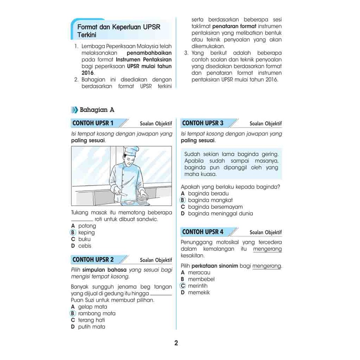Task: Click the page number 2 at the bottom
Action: (176, 343)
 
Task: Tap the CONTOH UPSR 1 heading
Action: (93, 123)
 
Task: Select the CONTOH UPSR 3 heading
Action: (203, 123)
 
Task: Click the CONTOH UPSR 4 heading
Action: (203, 232)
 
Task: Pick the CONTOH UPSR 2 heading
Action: (93, 259)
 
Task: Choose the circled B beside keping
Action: (73, 232)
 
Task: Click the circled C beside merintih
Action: (183, 286)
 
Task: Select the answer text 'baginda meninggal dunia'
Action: (220, 213)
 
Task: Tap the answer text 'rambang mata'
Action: (97, 313)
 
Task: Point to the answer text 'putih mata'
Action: (91, 327)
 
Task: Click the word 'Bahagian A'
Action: (97, 110)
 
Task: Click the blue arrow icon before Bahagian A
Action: (75, 110)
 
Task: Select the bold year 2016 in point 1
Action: (87, 73)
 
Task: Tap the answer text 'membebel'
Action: (201, 279)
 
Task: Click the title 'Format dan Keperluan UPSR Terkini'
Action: (118, 31)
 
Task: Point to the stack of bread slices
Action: (142, 199)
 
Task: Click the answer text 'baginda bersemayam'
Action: (215, 207)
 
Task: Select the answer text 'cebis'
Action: (85, 246)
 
